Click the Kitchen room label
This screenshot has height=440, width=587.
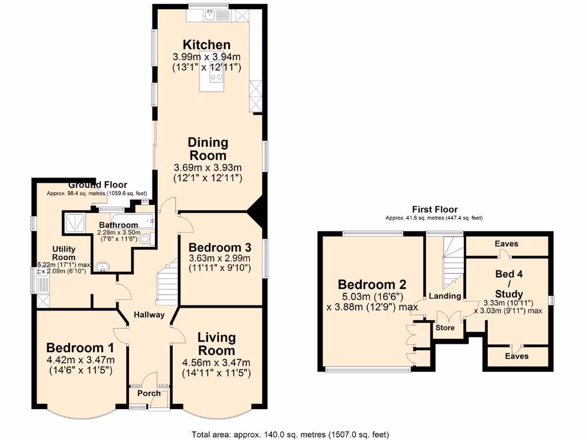(206, 45)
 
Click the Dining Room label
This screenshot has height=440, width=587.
(208, 148)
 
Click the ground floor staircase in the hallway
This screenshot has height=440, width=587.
(166, 281)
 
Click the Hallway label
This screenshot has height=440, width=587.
(149, 315)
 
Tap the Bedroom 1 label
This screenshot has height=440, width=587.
(80, 348)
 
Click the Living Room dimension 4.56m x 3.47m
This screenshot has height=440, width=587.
(216, 363)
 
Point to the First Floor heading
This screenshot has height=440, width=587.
(434, 210)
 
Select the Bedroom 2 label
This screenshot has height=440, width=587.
(372, 285)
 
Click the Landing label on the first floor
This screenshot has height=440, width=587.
(445, 296)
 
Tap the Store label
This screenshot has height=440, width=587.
(445, 328)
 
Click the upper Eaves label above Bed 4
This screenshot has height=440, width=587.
(507, 244)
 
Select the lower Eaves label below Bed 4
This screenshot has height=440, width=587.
(516, 356)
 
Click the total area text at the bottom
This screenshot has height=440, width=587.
(293, 434)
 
